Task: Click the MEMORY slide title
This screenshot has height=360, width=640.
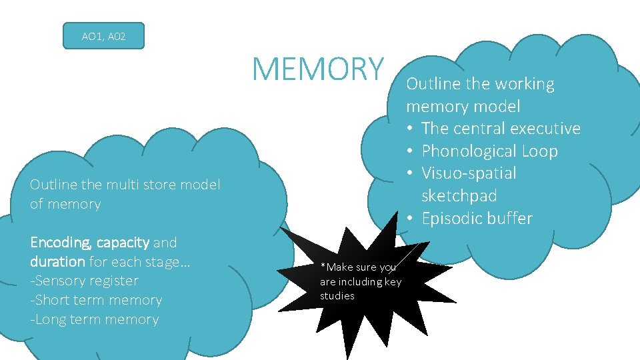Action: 319,69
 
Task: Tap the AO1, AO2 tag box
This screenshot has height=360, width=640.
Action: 103,37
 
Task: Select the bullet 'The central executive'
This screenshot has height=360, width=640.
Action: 501,129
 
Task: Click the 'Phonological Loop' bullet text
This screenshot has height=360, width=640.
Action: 489,151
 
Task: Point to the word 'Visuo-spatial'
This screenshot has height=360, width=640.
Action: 469,173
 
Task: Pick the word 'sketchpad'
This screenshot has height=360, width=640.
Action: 459,196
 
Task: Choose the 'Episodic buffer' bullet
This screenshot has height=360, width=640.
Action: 477,219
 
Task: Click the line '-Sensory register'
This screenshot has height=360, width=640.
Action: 84,281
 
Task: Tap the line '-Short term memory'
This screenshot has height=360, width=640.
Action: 96,300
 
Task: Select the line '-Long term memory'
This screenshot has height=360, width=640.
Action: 94,319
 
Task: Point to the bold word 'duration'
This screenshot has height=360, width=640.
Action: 57,261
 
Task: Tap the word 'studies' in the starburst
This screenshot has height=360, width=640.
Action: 337,296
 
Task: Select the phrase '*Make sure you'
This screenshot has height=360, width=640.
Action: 358,267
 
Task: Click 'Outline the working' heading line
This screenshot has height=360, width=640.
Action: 480,84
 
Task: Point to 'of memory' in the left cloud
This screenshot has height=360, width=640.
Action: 65,204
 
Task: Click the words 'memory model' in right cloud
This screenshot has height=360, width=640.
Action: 463,107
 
